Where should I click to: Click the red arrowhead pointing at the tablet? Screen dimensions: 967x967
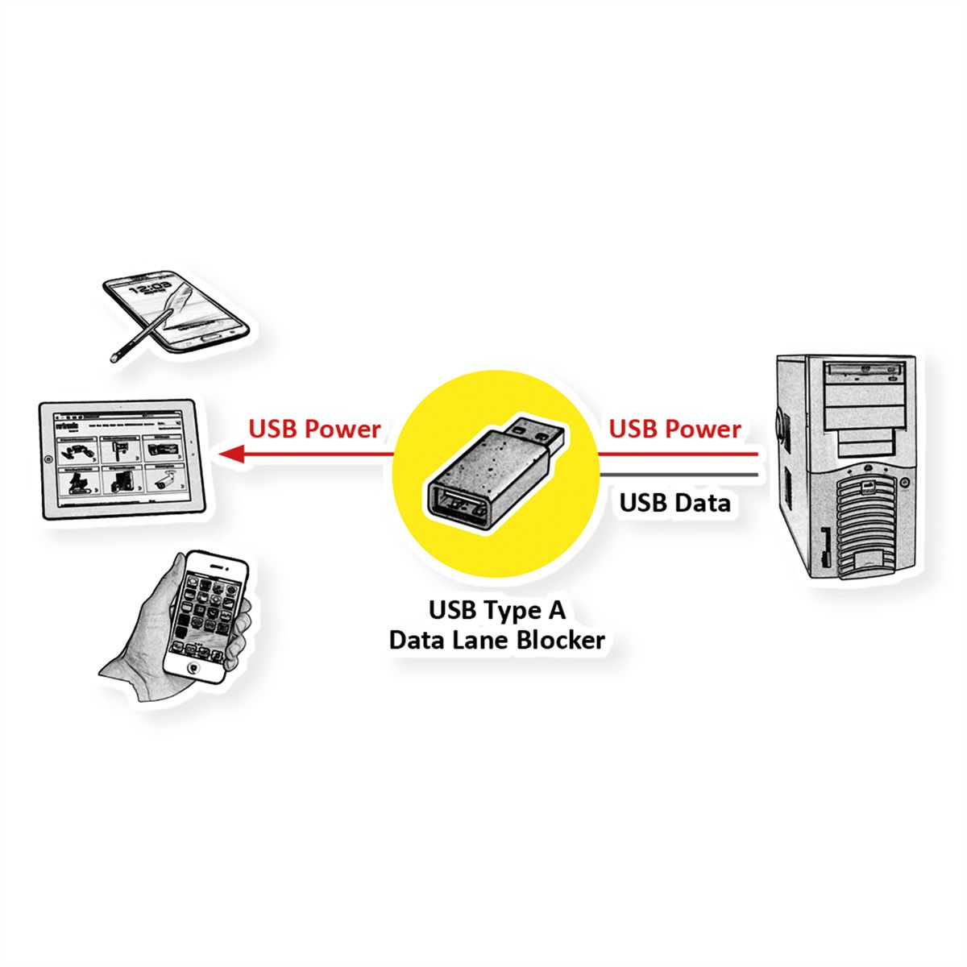click(232, 454)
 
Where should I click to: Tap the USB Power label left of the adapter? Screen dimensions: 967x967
click(314, 429)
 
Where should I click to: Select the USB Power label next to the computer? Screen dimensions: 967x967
click(674, 429)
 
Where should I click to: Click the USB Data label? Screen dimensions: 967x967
click(674, 503)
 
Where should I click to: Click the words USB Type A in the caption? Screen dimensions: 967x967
click(496, 610)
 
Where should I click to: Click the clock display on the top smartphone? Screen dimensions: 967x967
click(149, 288)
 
